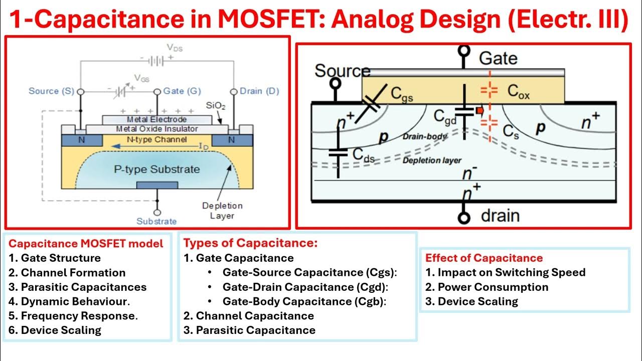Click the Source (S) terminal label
[x=51, y=91]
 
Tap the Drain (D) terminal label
[x=259, y=91]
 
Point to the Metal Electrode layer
[x=156, y=120]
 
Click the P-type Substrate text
[x=156, y=169]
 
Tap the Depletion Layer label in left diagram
[x=222, y=211]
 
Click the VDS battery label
[x=175, y=48]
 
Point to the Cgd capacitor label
[x=445, y=117]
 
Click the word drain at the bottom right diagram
[x=500, y=216]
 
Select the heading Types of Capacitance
[x=250, y=243]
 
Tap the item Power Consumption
[x=493, y=287]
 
